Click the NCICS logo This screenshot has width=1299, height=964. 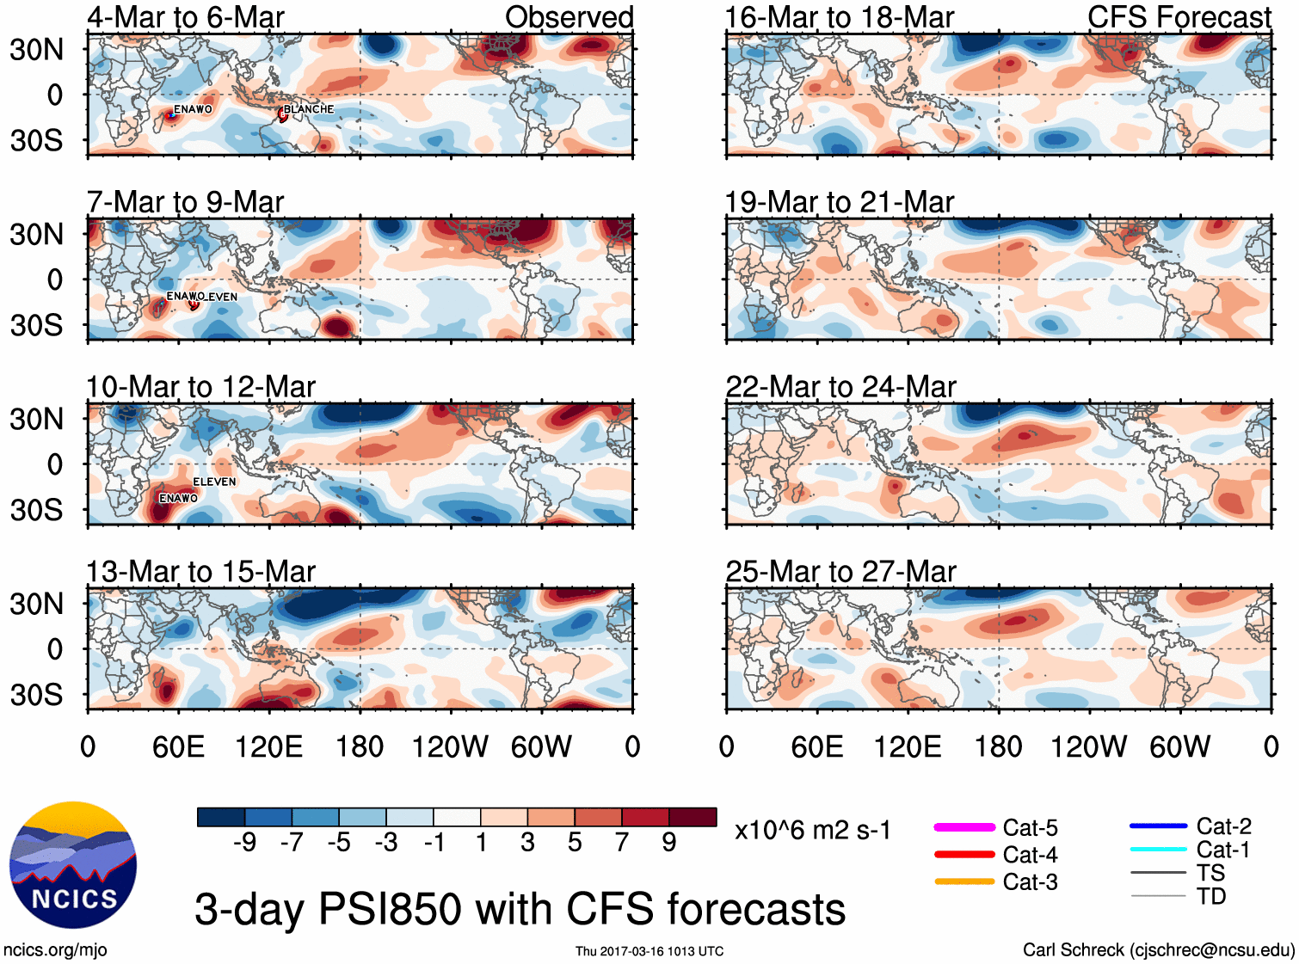(73, 864)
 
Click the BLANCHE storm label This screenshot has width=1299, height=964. (308, 109)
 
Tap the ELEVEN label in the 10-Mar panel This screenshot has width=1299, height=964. (214, 482)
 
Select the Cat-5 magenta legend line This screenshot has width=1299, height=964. (964, 827)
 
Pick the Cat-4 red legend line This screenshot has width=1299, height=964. (964, 855)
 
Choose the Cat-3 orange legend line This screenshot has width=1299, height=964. (964, 881)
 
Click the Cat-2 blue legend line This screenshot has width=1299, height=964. (1158, 826)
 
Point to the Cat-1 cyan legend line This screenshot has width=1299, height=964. (1158, 850)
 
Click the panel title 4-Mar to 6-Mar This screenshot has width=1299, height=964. (186, 17)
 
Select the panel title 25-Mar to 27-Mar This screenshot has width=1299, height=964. (840, 572)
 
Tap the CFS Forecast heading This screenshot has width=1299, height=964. (1179, 17)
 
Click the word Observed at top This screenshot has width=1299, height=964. (569, 17)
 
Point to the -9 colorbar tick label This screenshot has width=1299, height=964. (244, 843)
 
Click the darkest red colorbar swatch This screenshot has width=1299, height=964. (693, 817)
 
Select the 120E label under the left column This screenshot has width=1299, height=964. (269, 746)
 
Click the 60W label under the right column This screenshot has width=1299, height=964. (1179, 746)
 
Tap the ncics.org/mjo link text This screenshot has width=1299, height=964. (55, 950)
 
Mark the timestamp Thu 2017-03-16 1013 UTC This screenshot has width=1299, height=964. (649, 951)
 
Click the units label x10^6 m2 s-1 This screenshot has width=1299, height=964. (812, 831)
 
